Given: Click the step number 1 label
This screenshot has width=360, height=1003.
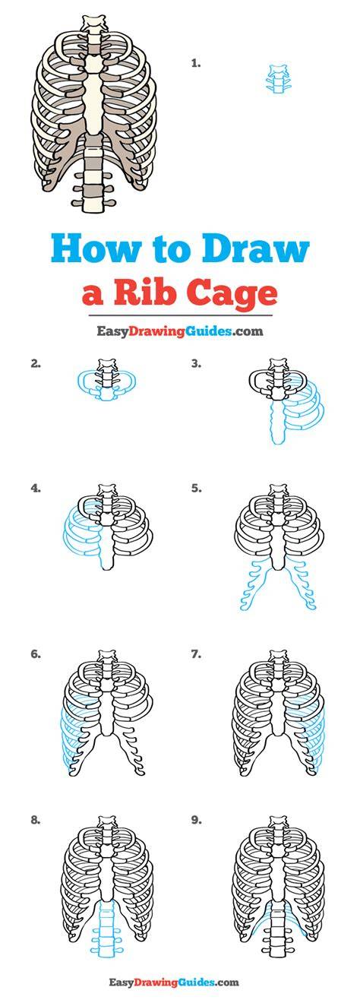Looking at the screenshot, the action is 196,64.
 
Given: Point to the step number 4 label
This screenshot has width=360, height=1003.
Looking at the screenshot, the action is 36,489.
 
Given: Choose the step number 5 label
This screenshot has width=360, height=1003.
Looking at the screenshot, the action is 196,489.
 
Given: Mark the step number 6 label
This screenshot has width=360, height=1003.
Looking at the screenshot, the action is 36,654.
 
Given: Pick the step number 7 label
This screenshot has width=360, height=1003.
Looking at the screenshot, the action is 196,654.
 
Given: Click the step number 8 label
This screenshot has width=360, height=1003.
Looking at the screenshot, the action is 36,821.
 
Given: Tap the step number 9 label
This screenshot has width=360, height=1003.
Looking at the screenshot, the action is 196,821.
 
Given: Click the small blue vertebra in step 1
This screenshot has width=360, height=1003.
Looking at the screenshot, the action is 277,79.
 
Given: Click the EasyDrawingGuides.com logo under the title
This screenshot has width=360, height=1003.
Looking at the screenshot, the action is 180,331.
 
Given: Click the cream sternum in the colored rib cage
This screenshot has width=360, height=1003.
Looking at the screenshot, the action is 95,97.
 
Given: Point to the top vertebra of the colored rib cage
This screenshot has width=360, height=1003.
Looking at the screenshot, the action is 94,22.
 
